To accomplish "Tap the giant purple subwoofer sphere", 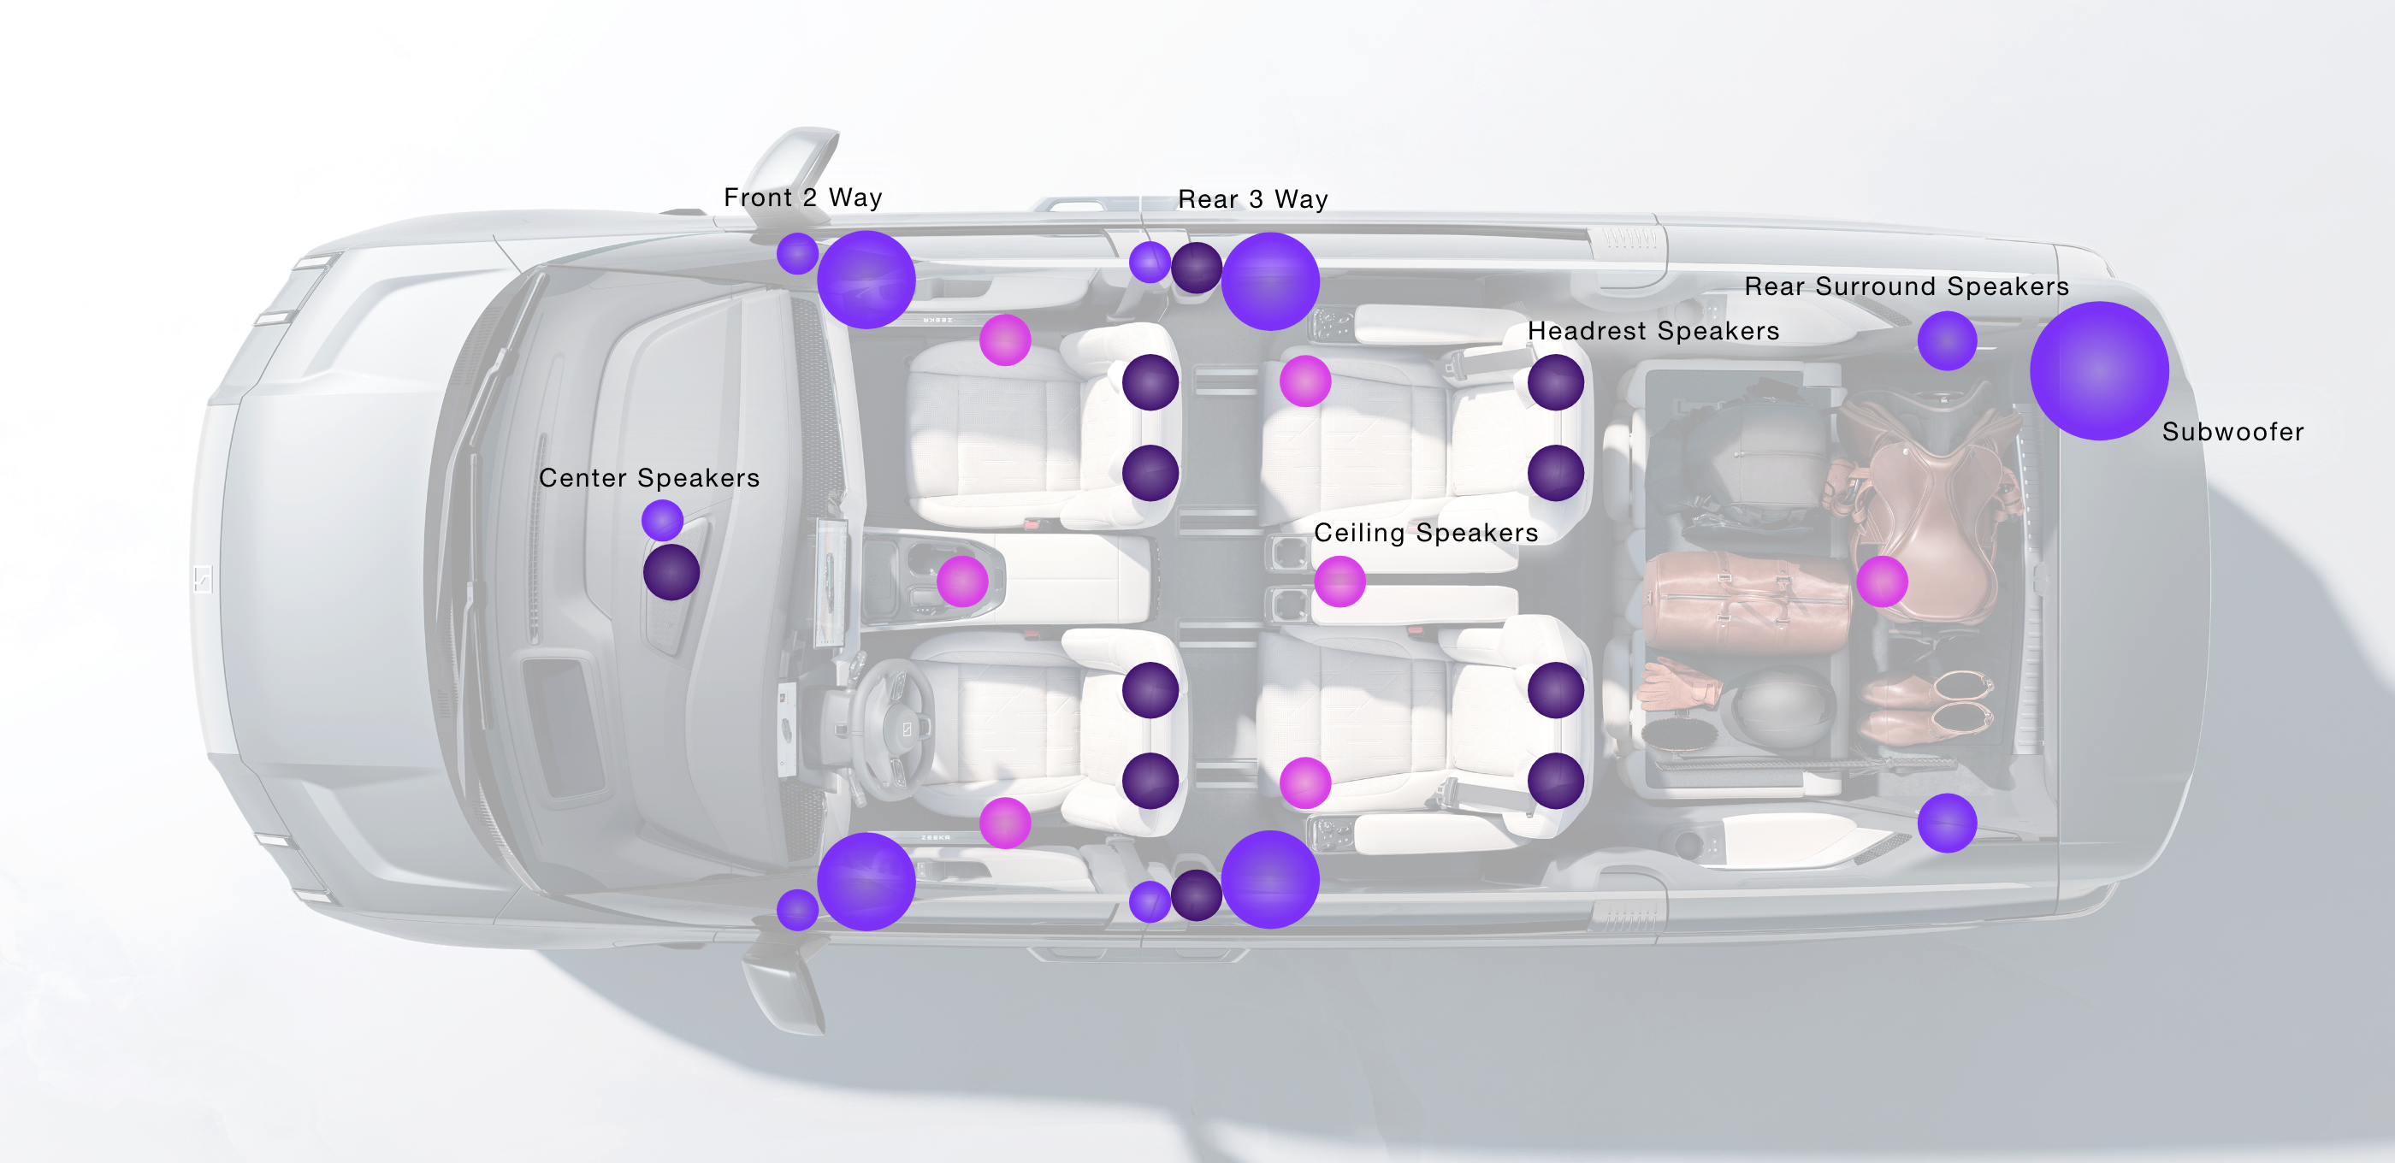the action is point(2098,370).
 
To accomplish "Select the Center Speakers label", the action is point(649,478).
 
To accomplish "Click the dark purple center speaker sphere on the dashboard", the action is point(671,572).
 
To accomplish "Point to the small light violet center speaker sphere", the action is point(662,520).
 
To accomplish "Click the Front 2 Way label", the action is point(803,197).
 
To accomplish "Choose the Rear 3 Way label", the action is point(1252,199).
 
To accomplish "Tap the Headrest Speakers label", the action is point(1653,331).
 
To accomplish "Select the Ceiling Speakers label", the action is point(1425,533).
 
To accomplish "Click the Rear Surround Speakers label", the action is point(1906,286).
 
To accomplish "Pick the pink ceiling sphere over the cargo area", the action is point(1882,581).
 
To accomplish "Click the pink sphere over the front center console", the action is point(962,581).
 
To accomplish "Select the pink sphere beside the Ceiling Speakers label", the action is point(1339,581).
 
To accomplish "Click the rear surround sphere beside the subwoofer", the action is point(1946,340).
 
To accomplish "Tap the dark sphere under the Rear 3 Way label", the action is point(1197,268).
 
